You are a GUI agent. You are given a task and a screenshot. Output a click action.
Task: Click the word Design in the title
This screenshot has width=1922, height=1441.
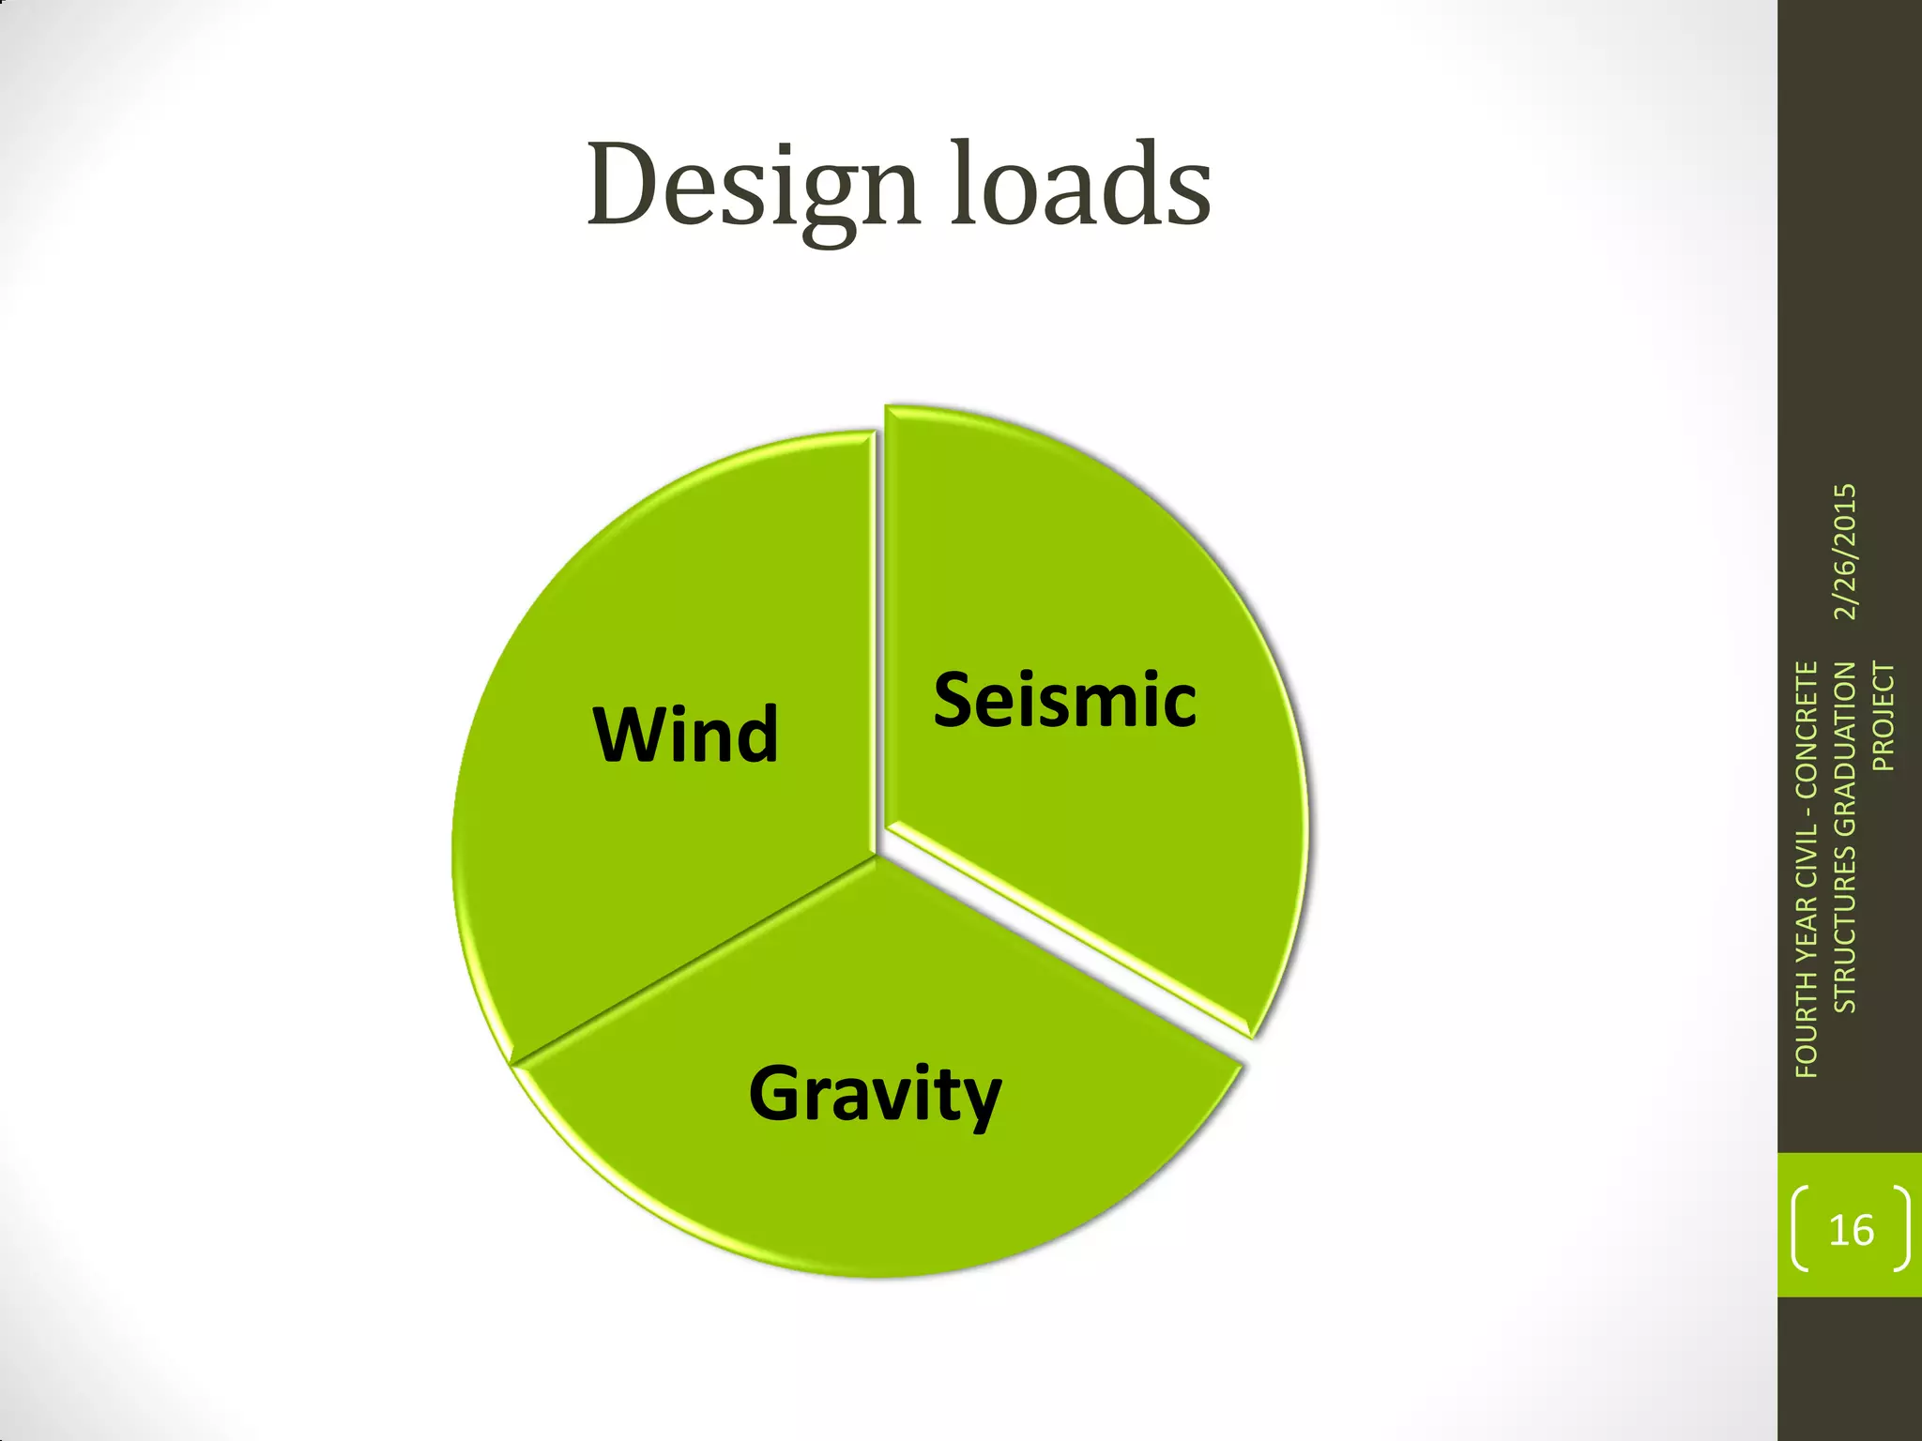point(751,186)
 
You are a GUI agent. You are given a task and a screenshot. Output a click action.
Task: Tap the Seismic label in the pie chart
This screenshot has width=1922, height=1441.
point(1064,701)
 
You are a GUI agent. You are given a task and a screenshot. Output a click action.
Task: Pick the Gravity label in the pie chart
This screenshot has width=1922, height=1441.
point(875,1095)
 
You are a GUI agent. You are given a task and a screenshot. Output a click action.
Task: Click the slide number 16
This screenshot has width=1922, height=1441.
point(1851,1230)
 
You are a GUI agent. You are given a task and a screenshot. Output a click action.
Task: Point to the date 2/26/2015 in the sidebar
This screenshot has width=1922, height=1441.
point(1845,552)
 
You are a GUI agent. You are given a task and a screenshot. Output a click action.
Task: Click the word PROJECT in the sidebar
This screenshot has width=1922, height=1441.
point(1884,717)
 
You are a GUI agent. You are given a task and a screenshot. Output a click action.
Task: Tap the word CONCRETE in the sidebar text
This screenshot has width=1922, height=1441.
point(1807,730)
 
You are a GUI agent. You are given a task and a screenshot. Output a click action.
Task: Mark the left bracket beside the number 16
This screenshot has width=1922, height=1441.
point(1799,1229)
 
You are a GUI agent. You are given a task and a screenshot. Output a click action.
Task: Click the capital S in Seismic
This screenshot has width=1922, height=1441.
point(955,701)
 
